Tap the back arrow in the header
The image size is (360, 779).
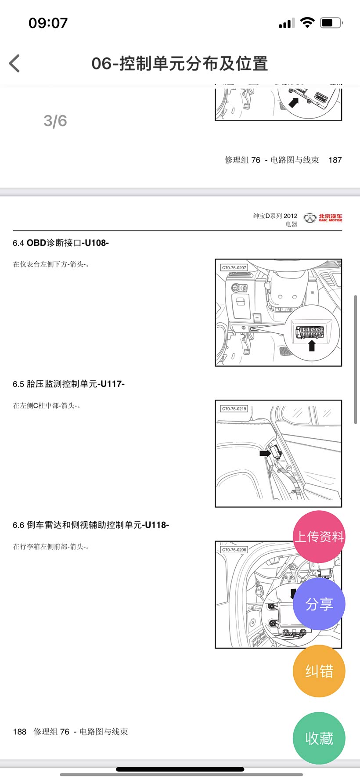pyautogui.click(x=14, y=63)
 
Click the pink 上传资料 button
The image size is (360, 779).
pyautogui.click(x=319, y=537)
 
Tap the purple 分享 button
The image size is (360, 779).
pyautogui.click(x=319, y=604)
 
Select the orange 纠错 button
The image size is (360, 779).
pyautogui.click(x=319, y=671)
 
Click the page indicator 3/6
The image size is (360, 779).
pyautogui.click(x=55, y=121)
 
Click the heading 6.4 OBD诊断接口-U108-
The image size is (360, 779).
pyautogui.click(x=61, y=243)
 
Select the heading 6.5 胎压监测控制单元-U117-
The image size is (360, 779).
pyautogui.click(x=68, y=384)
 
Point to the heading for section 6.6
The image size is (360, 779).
pyautogui.click(x=91, y=525)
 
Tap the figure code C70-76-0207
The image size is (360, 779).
pyautogui.click(x=234, y=267)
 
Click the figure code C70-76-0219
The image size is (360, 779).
pyautogui.click(x=234, y=408)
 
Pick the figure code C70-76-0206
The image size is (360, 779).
pyautogui.click(x=234, y=549)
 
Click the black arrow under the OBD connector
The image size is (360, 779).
pyautogui.click(x=312, y=346)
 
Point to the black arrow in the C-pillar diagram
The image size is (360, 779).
pyautogui.click(x=265, y=453)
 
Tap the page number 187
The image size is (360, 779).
pyautogui.click(x=335, y=160)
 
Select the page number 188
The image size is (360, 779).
pyautogui.click(x=20, y=732)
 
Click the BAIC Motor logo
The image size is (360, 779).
pyautogui.click(x=323, y=217)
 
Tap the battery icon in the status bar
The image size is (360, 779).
pyautogui.click(x=331, y=23)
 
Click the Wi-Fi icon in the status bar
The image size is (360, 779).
pyautogui.click(x=307, y=22)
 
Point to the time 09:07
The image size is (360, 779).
pyautogui.click(x=48, y=23)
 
